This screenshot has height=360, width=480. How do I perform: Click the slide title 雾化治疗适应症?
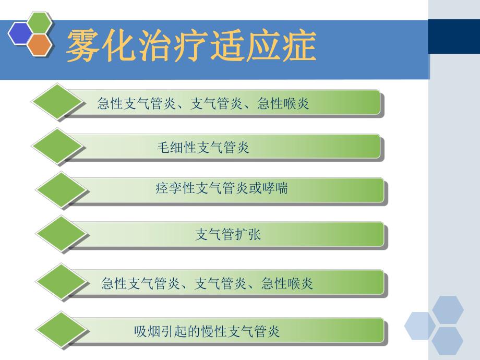coord(191,46)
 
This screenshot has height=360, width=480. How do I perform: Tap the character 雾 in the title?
coord(81,46)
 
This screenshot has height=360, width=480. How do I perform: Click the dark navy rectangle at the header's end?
coord(453,36)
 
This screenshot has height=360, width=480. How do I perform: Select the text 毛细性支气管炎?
coord(203,148)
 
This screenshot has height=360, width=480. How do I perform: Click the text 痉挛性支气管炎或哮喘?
coord(221,188)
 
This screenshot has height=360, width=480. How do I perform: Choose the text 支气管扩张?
coord(228,235)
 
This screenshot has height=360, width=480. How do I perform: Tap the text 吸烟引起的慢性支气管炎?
coord(207,331)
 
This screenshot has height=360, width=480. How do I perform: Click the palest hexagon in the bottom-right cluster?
coord(419,326)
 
